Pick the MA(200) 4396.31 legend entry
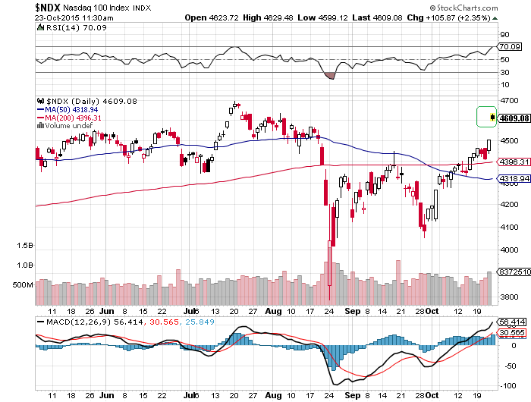pos(68,118)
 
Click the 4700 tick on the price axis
pos(509,100)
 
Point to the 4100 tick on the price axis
pos(509,227)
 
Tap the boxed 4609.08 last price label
pos(513,118)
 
